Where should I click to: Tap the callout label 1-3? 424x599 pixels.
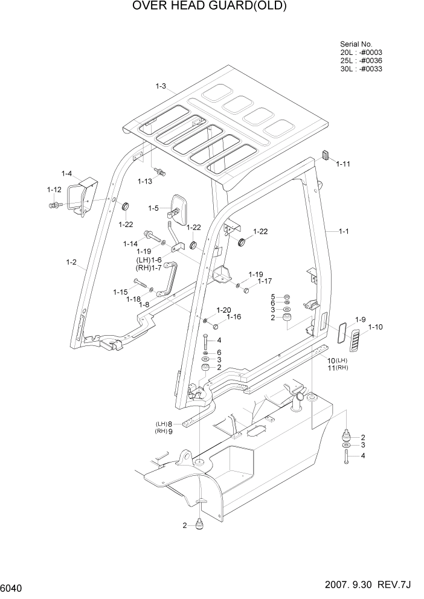click(161, 86)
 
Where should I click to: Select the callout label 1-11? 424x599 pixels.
click(343, 164)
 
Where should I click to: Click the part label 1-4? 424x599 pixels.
click(66, 174)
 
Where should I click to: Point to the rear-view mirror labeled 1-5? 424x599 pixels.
click(180, 208)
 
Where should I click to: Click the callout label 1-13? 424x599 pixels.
click(145, 181)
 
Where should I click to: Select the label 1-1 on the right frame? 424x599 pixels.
click(344, 231)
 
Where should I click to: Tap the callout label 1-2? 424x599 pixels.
click(71, 262)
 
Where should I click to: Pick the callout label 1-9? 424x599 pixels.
click(361, 319)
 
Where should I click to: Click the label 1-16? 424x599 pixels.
click(234, 316)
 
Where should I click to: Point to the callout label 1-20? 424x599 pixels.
click(224, 310)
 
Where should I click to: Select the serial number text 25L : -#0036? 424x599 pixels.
click(361, 60)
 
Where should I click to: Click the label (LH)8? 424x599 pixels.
click(165, 424)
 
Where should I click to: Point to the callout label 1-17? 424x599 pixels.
click(265, 281)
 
